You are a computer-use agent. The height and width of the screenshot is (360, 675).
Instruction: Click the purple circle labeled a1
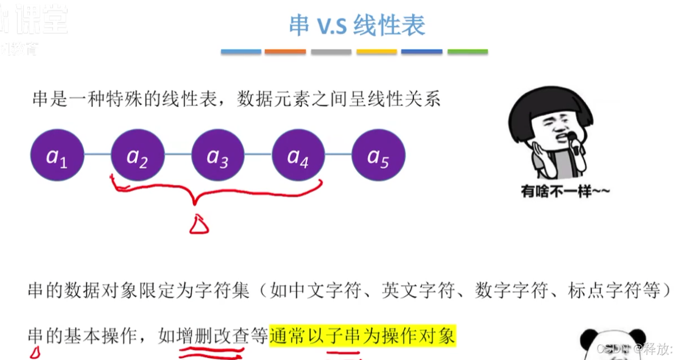coord(57,155)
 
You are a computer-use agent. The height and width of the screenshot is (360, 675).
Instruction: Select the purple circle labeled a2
coord(138,155)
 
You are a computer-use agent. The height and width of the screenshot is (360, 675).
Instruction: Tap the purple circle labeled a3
coord(218,155)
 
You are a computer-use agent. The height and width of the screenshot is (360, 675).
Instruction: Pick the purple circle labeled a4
coord(298,155)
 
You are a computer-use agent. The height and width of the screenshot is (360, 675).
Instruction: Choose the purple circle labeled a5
coord(378,155)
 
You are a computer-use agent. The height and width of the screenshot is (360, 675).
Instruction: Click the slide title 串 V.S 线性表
coord(357,25)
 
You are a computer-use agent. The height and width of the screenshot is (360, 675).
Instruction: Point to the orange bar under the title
coord(285,52)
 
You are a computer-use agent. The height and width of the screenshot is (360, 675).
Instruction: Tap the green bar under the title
coord(467,52)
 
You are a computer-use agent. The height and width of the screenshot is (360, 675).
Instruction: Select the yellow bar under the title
coord(377,52)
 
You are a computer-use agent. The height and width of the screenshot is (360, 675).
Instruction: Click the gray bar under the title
coord(331,52)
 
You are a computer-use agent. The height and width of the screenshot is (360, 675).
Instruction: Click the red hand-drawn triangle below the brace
coord(199,225)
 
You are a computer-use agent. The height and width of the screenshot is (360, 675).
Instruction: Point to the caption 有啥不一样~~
coord(565,192)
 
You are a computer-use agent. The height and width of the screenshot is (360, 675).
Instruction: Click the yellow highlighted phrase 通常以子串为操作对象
coord(362,336)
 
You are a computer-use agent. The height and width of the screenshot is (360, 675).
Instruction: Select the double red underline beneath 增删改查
coord(211,354)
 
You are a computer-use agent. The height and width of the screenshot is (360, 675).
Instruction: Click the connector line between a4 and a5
coord(339,155)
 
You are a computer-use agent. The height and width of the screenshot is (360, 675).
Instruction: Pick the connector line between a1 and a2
coord(97,155)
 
